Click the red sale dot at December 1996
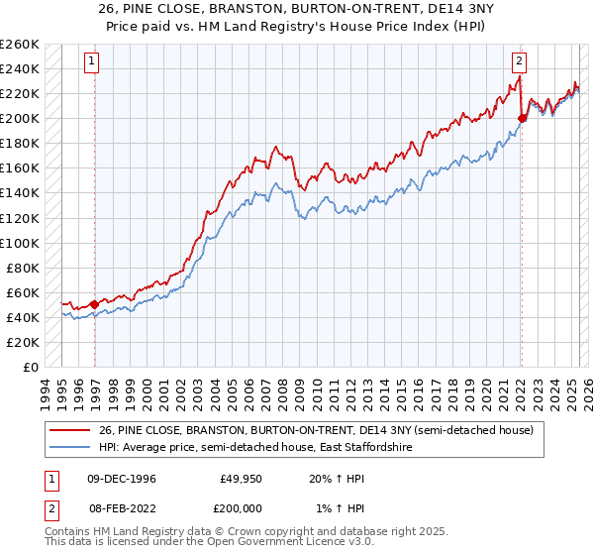94,304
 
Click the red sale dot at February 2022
522,118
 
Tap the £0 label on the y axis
31,367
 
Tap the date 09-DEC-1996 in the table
121,478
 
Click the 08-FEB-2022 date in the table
121,507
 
